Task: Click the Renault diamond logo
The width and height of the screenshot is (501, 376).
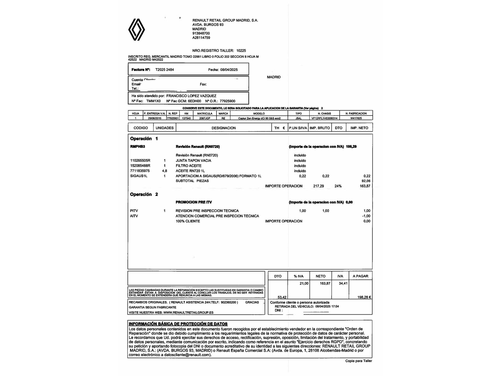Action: [137, 30]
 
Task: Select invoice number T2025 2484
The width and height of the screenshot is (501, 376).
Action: [165, 70]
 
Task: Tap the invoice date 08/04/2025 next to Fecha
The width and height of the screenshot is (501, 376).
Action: [229, 70]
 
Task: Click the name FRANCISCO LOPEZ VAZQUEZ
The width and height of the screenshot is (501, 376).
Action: [191, 96]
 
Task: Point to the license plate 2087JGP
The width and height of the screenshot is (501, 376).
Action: [205, 118]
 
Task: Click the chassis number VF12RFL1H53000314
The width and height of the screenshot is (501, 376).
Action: [324, 118]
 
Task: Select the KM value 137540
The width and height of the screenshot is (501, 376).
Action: [186, 118]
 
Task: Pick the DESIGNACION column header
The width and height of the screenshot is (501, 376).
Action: [223, 128]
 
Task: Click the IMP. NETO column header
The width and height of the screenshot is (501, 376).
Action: [359, 128]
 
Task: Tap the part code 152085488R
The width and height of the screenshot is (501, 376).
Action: [140, 166]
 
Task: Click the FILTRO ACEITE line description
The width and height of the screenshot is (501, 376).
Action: [189, 166]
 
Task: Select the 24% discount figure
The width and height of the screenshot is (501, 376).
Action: [338, 186]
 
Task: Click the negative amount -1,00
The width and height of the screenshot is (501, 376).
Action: [366, 216]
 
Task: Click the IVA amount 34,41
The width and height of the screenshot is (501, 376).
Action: [343, 283]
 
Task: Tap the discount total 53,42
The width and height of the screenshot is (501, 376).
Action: [282, 297]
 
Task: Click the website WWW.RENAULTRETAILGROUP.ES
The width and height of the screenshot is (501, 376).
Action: [188, 313]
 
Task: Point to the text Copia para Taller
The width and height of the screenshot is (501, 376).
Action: [358, 361]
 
